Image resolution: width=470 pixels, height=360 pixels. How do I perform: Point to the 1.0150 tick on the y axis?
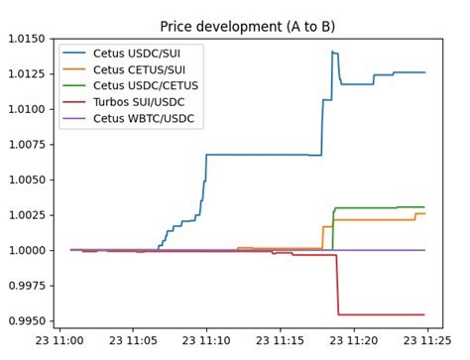click(x=26, y=38)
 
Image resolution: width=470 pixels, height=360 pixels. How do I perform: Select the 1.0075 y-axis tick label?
click(x=26, y=144)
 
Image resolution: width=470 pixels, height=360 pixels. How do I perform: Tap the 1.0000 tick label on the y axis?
click(x=26, y=250)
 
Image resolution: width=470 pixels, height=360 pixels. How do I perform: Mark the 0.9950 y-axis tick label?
click(x=26, y=321)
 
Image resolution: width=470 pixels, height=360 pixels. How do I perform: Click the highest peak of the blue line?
click(x=332, y=52)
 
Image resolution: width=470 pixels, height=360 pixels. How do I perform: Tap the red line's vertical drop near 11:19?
click(x=338, y=286)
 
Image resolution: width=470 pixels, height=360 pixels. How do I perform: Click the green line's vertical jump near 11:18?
click(x=332, y=228)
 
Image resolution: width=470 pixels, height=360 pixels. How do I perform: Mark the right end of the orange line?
click(x=424, y=213)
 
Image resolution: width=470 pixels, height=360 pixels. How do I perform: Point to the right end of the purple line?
click(x=424, y=250)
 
